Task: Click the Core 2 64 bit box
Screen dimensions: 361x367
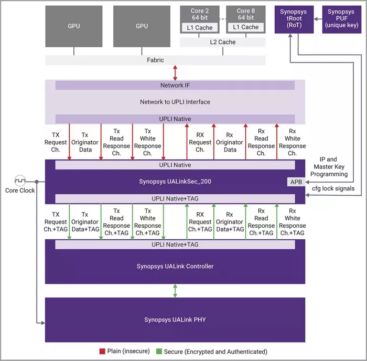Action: pos(200,14)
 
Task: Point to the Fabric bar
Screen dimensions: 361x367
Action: pos(155,60)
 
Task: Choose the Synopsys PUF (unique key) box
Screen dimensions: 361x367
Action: pos(341,19)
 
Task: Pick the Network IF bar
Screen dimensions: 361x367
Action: pos(175,85)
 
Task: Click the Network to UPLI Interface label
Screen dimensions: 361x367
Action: pos(175,102)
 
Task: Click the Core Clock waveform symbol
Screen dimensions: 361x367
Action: pos(20,181)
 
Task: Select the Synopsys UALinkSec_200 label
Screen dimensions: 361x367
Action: pos(175,182)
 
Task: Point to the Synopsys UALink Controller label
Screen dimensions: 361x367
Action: pos(175,266)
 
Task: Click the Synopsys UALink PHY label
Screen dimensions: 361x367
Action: pos(175,320)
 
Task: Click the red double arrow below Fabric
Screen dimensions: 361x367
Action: pos(175,72)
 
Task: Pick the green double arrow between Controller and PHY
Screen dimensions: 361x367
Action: pos(175,290)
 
